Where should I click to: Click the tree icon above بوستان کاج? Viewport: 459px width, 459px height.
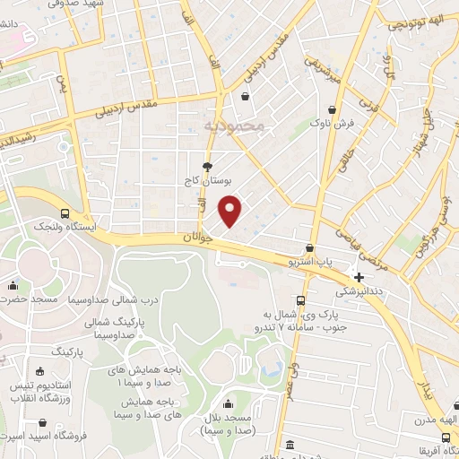point(208,167)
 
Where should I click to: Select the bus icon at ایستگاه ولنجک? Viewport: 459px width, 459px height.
point(65,213)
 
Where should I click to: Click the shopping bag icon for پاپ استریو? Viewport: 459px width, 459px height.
point(309,248)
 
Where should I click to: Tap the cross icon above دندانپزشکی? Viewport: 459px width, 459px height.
point(359,278)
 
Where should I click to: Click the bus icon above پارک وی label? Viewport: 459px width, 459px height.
point(299,301)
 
